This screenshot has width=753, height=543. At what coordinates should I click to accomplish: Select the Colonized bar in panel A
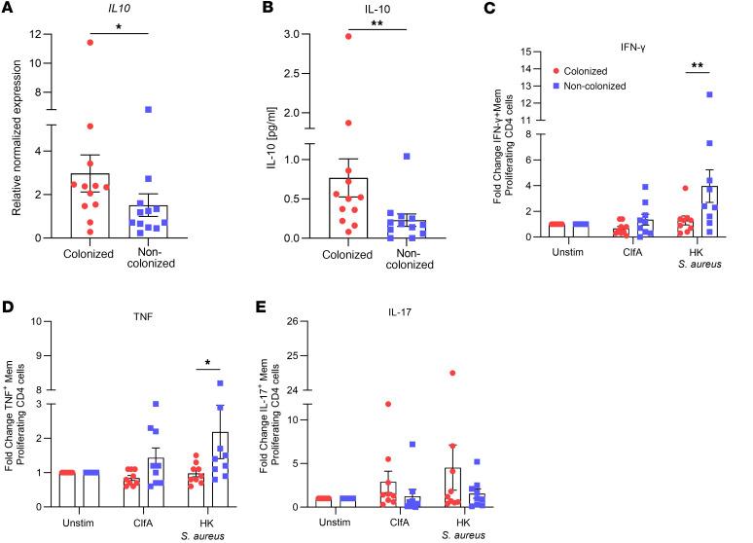click(x=89, y=205)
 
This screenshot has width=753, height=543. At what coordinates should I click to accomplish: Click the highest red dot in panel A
click(x=89, y=42)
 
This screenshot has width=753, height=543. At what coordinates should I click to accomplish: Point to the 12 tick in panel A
click(x=39, y=36)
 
